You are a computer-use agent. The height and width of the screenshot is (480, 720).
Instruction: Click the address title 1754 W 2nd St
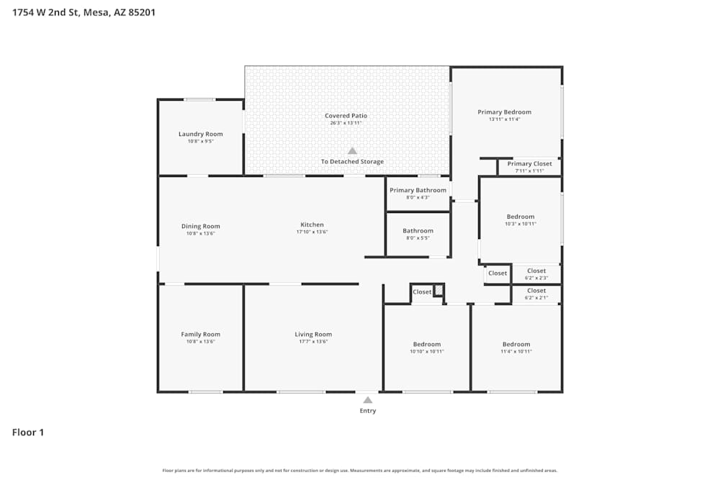(x=84, y=12)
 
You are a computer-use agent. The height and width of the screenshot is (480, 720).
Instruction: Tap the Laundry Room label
(x=201, y=134)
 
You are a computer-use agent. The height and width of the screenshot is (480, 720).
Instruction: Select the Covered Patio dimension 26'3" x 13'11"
(x=346, y=123)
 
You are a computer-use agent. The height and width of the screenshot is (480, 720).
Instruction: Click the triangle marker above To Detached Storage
(x=352, y=151)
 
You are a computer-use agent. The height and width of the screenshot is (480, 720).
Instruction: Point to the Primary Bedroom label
(x=504, y=112)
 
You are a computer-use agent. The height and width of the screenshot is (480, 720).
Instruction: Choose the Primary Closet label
(x=529, y=163)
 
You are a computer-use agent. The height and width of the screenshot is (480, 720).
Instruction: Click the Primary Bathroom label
(x=418, y=190)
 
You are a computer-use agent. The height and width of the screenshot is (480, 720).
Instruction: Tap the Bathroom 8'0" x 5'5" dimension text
(x=418, y=238)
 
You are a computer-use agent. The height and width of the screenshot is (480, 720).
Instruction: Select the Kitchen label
(x=312, y=225)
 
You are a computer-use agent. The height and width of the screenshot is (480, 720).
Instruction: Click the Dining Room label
(x=201, y=226)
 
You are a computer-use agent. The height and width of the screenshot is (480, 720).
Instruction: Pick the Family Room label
(x=201, y=334)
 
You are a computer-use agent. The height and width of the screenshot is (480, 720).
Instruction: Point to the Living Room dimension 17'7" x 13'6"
(x=313, y=341)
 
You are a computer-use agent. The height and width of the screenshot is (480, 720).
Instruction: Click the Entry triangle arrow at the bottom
(x=368, y=400)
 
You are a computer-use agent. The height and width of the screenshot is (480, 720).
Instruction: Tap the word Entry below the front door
(x=368, y=411)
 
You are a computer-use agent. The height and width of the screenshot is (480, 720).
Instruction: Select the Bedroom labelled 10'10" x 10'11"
(x=427, y=344)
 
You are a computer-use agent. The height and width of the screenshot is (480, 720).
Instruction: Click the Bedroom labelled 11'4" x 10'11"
(x=516, y=344)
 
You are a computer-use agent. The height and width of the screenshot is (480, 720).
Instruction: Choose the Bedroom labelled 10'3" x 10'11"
(x=521, y=217)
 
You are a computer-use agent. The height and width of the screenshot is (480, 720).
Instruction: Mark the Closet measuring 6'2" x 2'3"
(x=536, y=271)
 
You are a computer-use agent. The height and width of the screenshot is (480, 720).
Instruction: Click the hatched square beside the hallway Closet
(x=438, y=289)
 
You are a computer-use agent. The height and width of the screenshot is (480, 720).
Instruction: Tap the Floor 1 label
(x=28, y=433)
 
